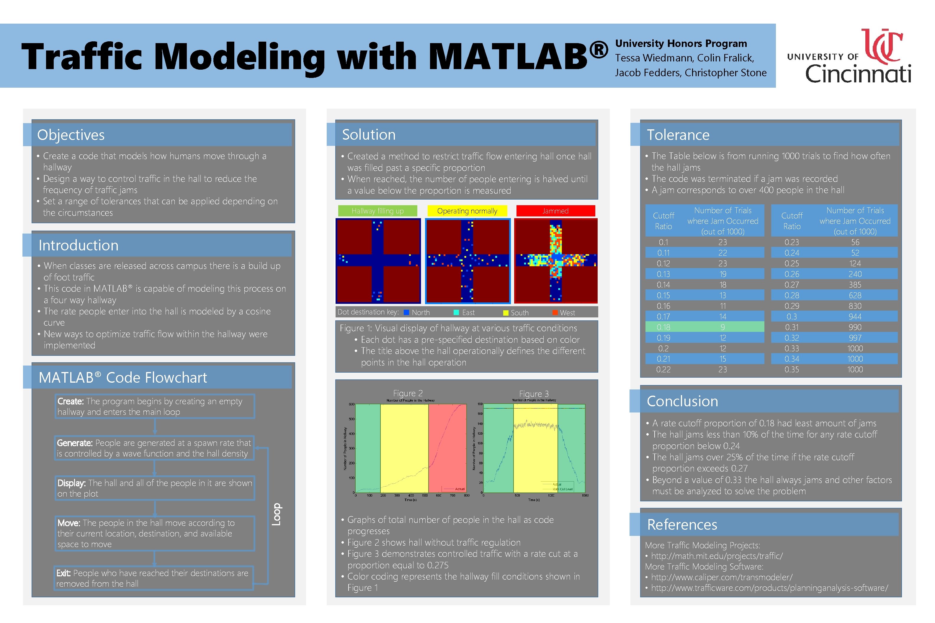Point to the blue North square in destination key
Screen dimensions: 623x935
click(x=406, y=313)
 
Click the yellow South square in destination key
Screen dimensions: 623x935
click(x=506, y=313)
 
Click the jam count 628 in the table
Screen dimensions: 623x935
click(x=855, y=296)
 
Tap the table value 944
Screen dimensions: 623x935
click(x=855, y=317)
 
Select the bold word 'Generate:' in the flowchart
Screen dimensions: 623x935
click(x=75, y=443)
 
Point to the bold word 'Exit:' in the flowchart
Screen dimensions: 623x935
click(x=63, y=573)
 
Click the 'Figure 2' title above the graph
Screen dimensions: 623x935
click(x=408, y=393)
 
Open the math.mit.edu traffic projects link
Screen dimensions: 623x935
click(x=717, y=556)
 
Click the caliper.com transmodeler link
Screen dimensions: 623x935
click(x=721, y=577)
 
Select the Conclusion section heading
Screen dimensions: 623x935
click(x=682, y=401)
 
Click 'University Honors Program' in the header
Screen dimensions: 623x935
click(x=681, y=43)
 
